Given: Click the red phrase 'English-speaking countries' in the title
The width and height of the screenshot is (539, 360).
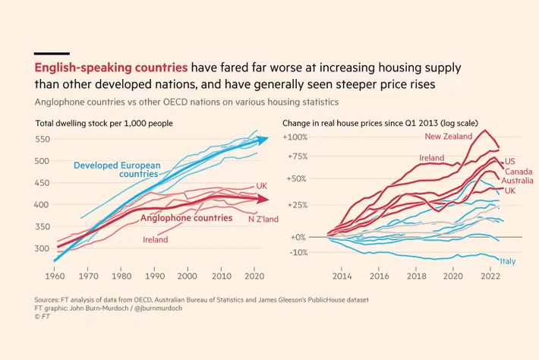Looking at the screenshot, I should tap(112, 67).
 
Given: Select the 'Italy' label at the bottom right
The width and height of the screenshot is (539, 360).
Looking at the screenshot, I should tap(508, 261).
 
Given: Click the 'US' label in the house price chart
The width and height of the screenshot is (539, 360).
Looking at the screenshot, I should tap(509, 161).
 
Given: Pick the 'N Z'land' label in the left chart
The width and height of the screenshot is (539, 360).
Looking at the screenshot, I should tap(262, 219).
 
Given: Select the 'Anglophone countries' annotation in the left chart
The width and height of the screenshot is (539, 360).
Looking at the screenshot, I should tap(187, 218).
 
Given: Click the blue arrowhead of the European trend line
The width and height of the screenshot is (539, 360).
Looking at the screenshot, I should tap(262, 139).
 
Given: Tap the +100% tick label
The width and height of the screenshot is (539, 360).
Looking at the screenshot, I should tap(295, 137).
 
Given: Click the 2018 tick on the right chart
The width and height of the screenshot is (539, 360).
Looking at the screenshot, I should tap(415, 278).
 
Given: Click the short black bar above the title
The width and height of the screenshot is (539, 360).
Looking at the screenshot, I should tap(52, 53).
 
